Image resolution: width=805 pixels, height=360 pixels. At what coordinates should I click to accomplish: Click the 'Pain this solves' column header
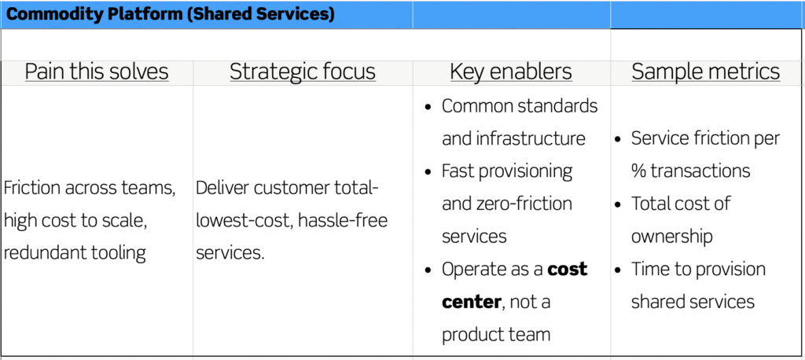pyautogui.click(x=97, y=72)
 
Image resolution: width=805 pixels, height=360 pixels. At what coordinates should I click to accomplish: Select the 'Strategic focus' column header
pyautogui.click(x=303, y=72)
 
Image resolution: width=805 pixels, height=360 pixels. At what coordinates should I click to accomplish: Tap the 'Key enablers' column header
pyautogui.click(x=511, y=72)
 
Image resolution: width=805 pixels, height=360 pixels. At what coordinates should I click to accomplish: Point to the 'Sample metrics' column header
pyautogui.click(x=706, y=72)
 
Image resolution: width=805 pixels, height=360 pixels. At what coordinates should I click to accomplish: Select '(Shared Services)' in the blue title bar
pyautogui.click(x=260, y=14)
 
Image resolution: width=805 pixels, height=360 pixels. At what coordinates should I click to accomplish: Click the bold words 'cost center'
pyautogui.click(x=514, y=285)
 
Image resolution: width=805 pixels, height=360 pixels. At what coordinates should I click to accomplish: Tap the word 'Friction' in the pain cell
pyautogui.click(x=31, y=189)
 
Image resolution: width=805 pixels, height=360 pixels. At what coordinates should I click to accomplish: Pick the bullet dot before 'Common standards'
pyautogui.click(x=428, y=108)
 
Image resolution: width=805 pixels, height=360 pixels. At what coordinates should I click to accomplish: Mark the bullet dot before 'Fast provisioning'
pyautogui.click(x=428, y=172)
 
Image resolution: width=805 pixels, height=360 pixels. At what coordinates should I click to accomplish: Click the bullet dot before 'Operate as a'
pyautogui.click(x=428, y=270)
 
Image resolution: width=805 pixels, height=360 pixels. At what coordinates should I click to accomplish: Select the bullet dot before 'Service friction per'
pyautogui.click(x=619, y=140)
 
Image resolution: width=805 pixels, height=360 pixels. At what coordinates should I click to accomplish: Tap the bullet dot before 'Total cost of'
pyautogui.click(x=619, y=205)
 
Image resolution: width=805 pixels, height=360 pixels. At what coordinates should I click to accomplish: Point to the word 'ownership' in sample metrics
pyautogui.click(x=671, y=237)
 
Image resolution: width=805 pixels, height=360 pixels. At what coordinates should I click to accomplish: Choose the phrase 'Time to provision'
pyautogui.click(x=698, y=270)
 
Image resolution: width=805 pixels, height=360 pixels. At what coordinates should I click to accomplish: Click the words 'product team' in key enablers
pyautogui.click(x=496, y=335)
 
